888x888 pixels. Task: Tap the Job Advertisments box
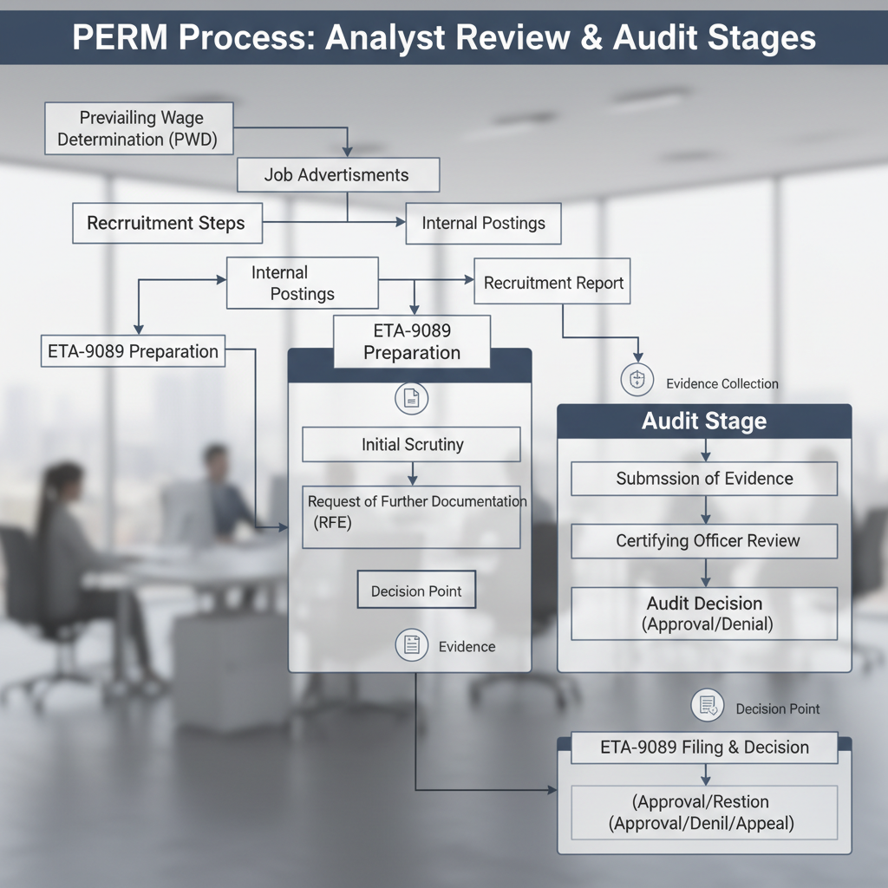coord(337,175)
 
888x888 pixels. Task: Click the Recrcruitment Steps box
coord(166,224)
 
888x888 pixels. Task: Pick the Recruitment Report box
coord(553,284)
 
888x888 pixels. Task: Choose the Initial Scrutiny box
coord(412,445)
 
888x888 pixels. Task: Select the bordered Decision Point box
coord(416,591)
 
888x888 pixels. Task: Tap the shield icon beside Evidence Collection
coord(637,380)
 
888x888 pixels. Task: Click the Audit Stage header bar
coord(704,421)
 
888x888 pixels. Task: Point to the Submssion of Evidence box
coord(704,479)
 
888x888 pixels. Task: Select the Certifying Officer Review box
coord(704,541)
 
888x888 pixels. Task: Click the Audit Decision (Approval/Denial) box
coord(704,613)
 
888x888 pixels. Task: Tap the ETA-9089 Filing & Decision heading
coord(704,748)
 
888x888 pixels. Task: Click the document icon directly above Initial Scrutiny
coord(412,398)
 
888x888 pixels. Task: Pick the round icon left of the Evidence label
coord(412,645)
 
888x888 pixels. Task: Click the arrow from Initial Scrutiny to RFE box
coord(412,473)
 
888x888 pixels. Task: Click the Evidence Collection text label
coord(721,383)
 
